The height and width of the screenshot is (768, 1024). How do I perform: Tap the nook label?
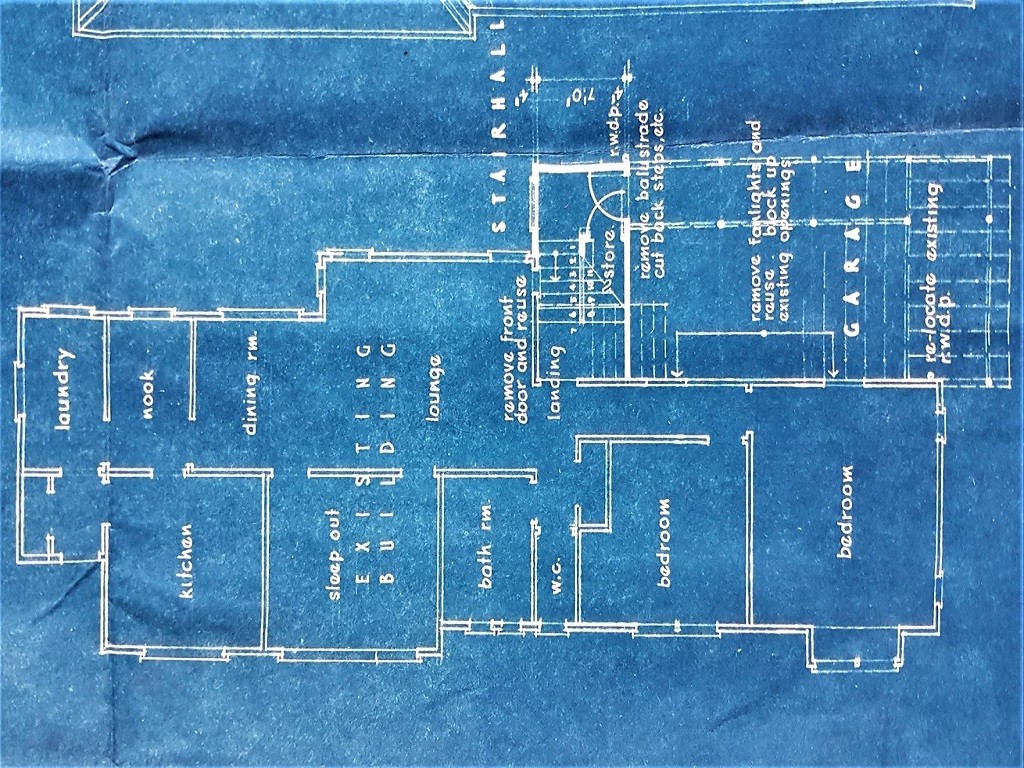pyautogui.click(x=147, y=394)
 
